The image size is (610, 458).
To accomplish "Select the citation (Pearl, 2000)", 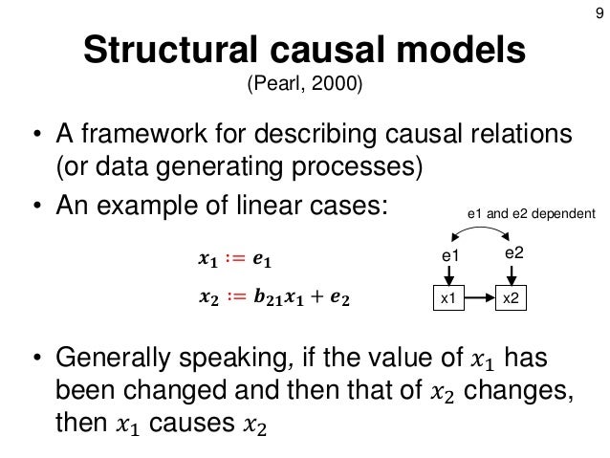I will tap(305, 88).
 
